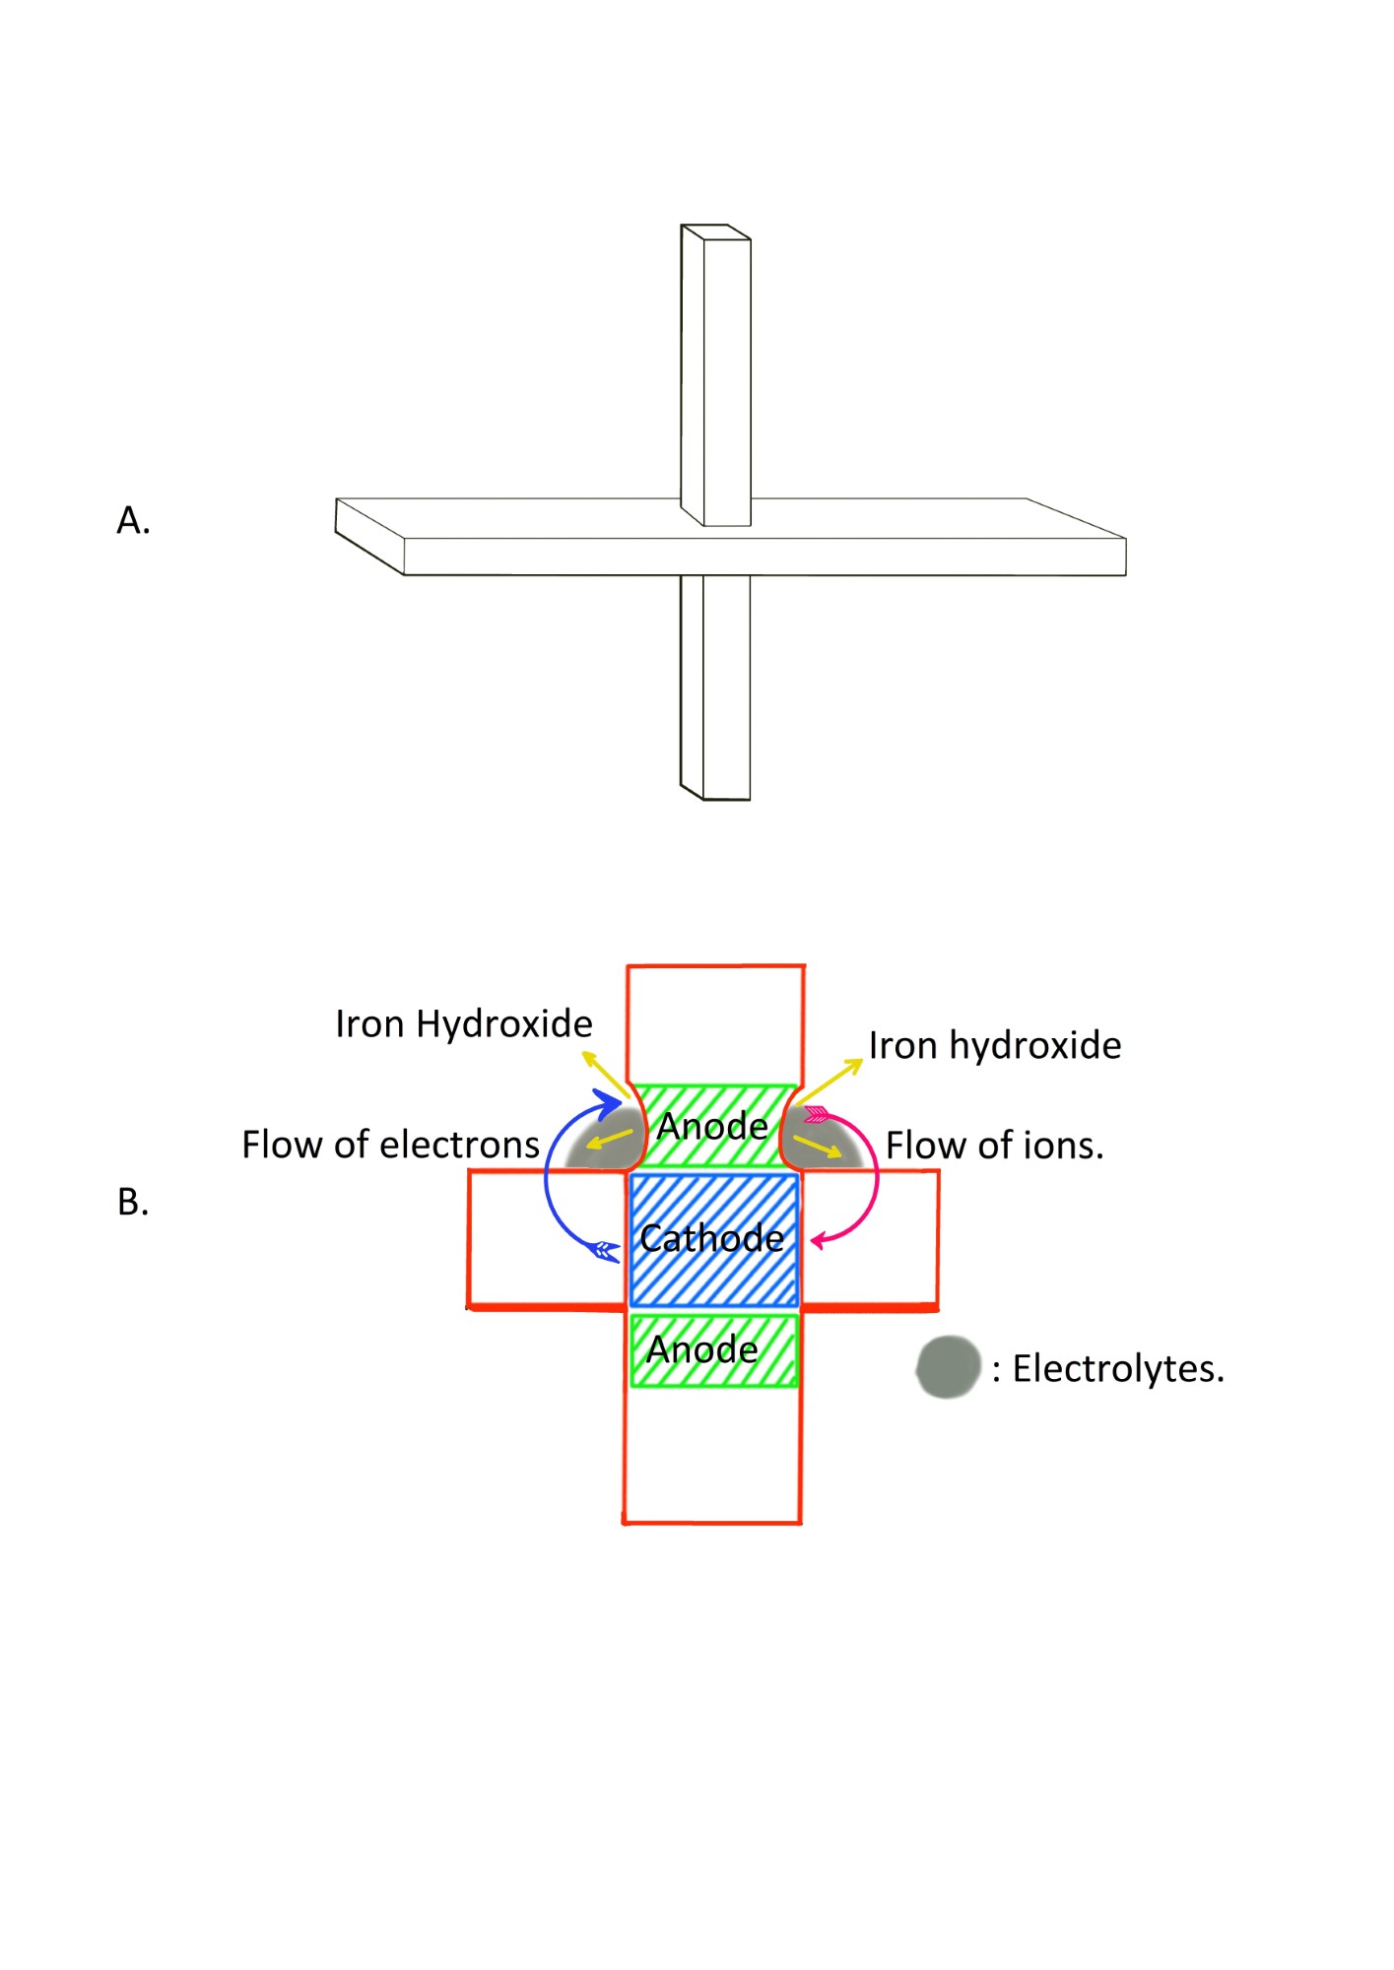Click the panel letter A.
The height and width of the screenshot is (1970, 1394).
click(x=133, y=520)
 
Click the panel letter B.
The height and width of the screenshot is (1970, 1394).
click(x=133, y=1202)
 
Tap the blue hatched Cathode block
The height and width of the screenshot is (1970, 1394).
click(x=712, y=1238)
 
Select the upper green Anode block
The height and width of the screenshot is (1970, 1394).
click(x=712, y=1126)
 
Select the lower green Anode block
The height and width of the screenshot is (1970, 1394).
click(x=712, y=1349)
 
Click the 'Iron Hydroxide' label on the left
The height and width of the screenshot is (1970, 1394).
click(x=463, y=1024)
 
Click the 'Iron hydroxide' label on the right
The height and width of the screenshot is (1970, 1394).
click(x=994, y=1046)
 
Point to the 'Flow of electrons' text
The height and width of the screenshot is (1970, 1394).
click(x=390, y=1145)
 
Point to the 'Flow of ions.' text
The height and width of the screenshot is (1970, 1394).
click(x=994, y=1146)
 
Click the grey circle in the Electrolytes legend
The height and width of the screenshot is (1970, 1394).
click(x=948, y=1367)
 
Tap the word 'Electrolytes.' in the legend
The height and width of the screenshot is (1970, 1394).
click(x=1118, y=1369)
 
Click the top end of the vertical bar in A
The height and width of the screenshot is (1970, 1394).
click(x=716, y=232)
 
